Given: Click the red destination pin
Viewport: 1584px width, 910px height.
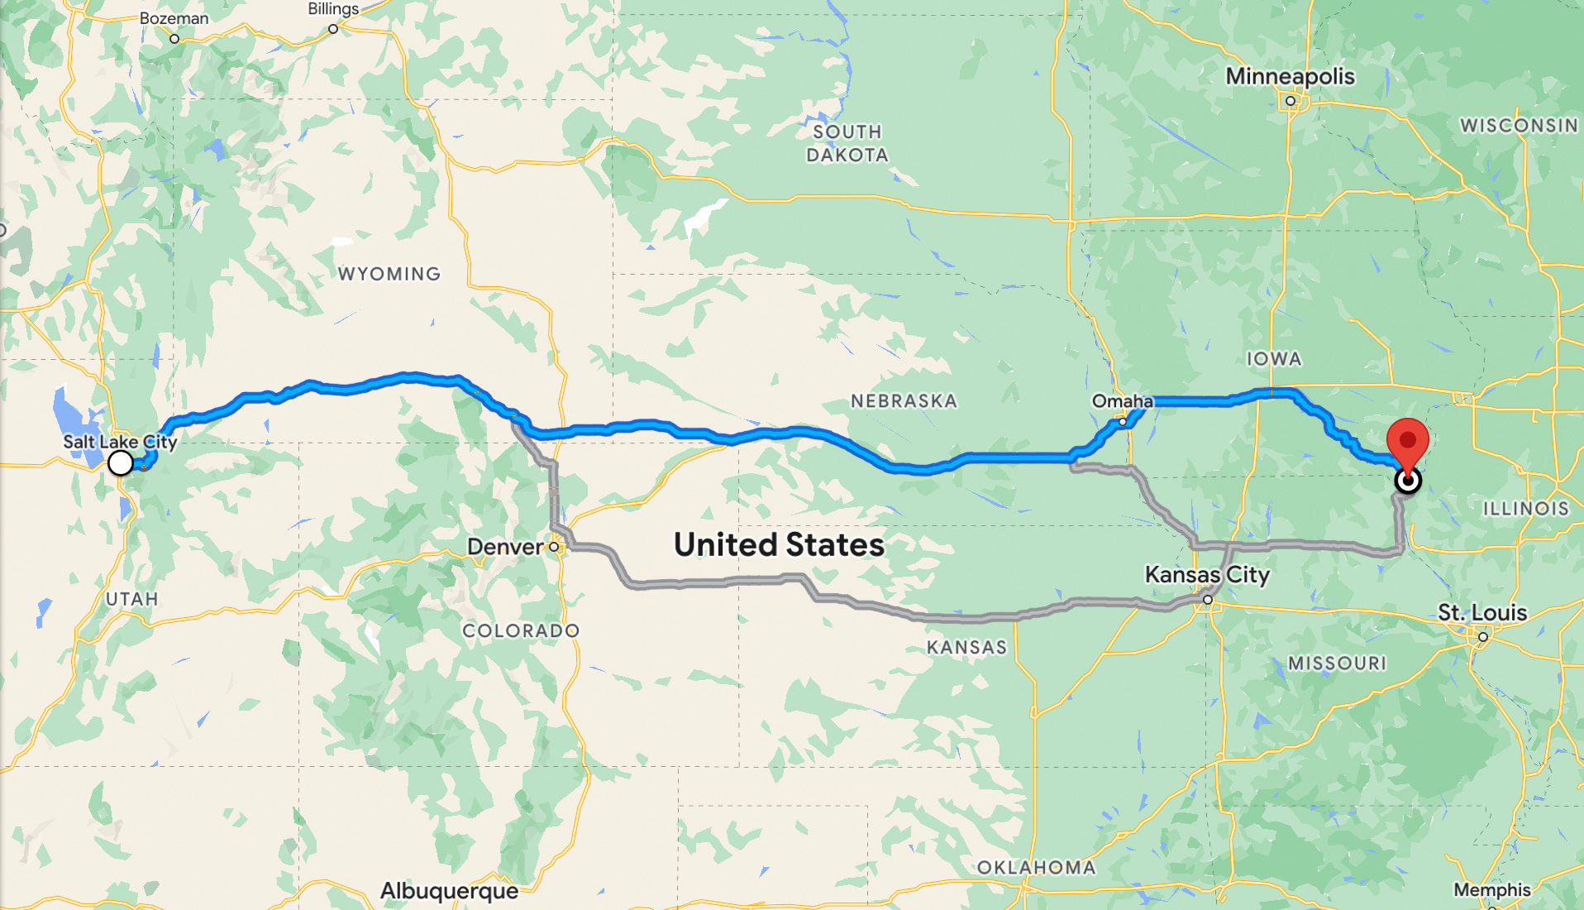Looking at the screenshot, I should pyautogui.click(x=1407, y=443).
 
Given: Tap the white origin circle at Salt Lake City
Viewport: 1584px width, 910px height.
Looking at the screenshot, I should pyautogui.click(x=121, y=462).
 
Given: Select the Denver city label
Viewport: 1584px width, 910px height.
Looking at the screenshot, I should pyautogui.click(x=505, y=547).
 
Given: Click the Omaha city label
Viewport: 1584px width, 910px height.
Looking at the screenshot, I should pyautogui.click(x=1122, y=401).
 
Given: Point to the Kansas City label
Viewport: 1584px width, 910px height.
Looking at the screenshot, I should pyautogui.click(x=1206, y=574).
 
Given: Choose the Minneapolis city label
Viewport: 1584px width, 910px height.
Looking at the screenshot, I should pyautogui.click(x=1290, y=76).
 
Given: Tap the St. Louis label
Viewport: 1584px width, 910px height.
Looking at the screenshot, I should pyautogui.click(x=1481, y=613).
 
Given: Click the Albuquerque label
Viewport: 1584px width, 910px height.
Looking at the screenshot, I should pyautogui.click(x=449, y=891).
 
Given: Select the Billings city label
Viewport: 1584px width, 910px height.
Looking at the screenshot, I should pyautogui.click(x=333, y=9).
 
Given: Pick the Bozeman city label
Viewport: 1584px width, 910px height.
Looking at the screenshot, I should pyautogui.click(x=174, y=18).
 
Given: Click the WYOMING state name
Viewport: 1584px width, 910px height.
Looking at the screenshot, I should pyautogui.click(x=389, y=274).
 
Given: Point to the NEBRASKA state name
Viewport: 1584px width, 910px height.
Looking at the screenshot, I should pyautogui.click(x=904, y=401).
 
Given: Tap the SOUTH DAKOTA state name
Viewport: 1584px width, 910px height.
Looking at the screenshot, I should pyautogui.click(x=847, y=143).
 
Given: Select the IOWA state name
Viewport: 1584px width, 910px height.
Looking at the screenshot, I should pyautogui.click(x=1274, y=359).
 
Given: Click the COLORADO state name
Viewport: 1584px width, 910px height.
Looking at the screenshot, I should pyautogui.click(x=521, y=630).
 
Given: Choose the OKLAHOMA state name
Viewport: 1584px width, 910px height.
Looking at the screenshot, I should pyautogui.click(x=1036, y=867).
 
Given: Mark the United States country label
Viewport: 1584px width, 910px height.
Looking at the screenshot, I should pyautogui.click(x=779, y=544).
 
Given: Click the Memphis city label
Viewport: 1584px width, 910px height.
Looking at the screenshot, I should pyautogui.click(x=1491, y=889).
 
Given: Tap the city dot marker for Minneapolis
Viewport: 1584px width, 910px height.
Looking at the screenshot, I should pyautogui.click(x=1290, y=101).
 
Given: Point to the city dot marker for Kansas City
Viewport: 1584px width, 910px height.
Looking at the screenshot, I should pyautogui.click(x=1208, y=600).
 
